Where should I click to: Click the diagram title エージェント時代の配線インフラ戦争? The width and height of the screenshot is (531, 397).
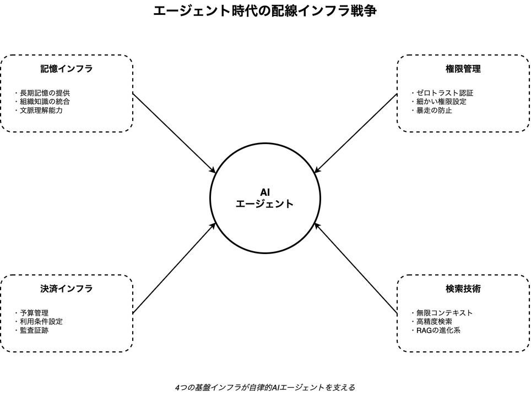coord(265,11)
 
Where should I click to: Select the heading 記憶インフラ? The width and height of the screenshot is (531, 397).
coord(66,69)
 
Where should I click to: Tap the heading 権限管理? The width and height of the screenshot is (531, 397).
coord(463,69)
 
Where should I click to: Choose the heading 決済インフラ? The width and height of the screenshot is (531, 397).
coord(66,289)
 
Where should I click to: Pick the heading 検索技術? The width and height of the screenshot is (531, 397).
coord(463,289)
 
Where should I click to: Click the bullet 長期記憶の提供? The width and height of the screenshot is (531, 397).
coord(45,93)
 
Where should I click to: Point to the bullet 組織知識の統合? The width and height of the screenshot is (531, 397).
coord(45,102)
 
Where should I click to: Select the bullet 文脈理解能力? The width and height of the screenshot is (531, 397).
coord(41,111)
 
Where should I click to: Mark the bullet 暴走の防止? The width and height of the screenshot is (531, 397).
coord(434,111)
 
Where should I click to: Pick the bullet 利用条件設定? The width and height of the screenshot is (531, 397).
coord(41,322)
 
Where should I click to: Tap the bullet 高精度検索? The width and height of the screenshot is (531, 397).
coord(434,322)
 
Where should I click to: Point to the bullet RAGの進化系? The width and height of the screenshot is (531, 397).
coord(438,330)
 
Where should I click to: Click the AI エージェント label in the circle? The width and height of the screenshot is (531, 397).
coord(265,198)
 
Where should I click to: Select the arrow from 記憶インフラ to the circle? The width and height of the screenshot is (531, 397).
coord(174,133)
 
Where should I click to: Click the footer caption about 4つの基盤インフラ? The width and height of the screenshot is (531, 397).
coord(265,387)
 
